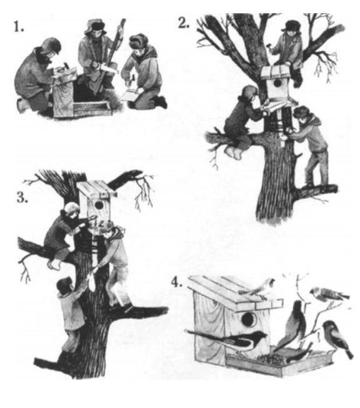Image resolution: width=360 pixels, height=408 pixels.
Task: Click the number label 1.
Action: (x=19, y=27)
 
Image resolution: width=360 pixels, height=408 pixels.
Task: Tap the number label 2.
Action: (x=184, y=23)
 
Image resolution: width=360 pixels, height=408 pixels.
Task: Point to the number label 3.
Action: (x=22, y=197)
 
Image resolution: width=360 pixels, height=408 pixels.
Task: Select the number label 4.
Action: (x=177, y=282)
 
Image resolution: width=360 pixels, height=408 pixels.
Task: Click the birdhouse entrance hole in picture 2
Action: (x=277, y=84)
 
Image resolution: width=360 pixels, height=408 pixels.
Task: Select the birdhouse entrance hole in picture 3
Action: (x=99, y=205)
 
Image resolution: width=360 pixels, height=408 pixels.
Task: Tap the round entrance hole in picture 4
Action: (x=248, y=319)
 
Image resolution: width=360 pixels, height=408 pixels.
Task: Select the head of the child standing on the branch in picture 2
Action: (x=301, y=115)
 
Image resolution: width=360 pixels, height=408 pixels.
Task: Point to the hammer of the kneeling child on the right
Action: (x=132, y=79)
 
